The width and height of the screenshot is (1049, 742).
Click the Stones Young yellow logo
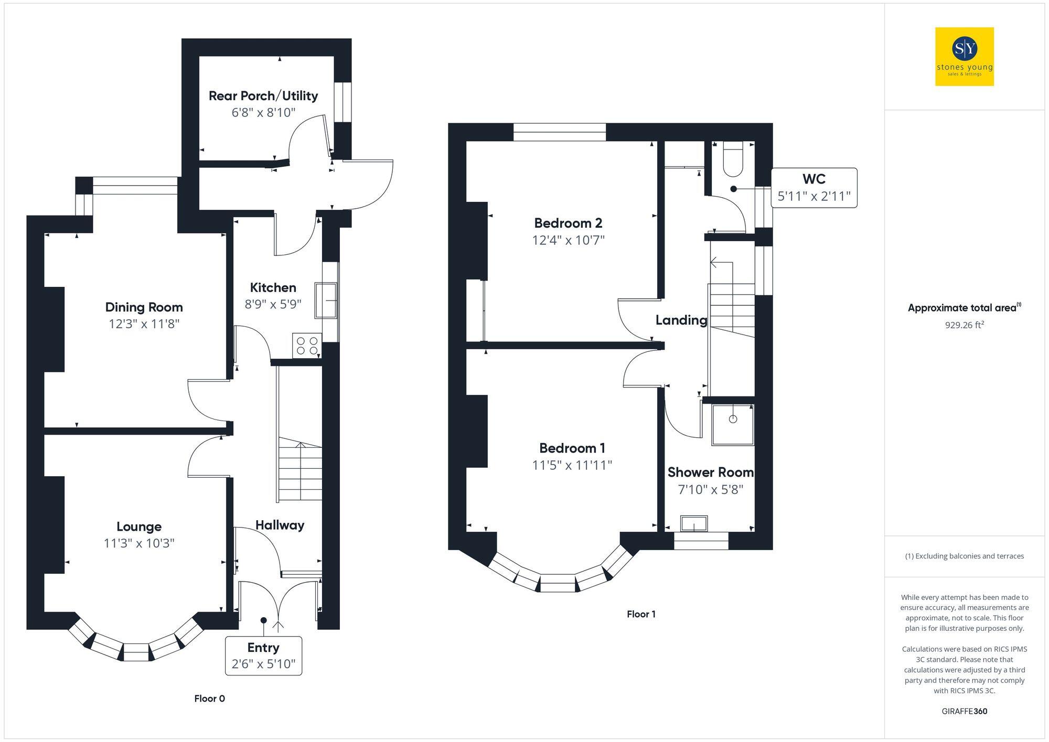tap(964, 57)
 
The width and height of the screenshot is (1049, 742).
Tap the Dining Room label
tap(144, 307)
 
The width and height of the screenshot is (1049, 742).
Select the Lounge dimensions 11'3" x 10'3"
tap(139, 543)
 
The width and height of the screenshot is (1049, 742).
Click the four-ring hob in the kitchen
tap(307, 346)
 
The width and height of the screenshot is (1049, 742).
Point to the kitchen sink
tap(326, 300)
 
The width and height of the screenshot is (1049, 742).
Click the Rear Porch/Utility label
tap(263, 95)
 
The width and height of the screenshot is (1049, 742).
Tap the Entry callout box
tap(263, 655)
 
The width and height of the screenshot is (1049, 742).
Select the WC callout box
tap(814, 188)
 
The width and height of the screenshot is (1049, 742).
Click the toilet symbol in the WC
tap(733, 160)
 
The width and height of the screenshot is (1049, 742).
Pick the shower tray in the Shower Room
tap(733, 424)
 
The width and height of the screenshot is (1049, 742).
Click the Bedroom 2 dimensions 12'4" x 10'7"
tap(568, 240)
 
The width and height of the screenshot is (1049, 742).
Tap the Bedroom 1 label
tap(572, 448)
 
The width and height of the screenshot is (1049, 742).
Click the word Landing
tap(681, 320)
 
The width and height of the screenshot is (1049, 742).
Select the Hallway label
tap(280, 525)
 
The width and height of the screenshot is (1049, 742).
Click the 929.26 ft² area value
tap(964, 325)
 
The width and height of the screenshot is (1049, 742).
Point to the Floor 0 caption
tap(209, 698)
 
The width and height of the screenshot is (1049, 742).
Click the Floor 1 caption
tap(641, 614)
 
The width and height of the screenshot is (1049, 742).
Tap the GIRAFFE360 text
tap(964, 712)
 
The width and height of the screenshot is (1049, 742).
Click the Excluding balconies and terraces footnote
tap(964, 556)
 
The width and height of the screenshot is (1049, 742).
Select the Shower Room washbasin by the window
tap(694, 523)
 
